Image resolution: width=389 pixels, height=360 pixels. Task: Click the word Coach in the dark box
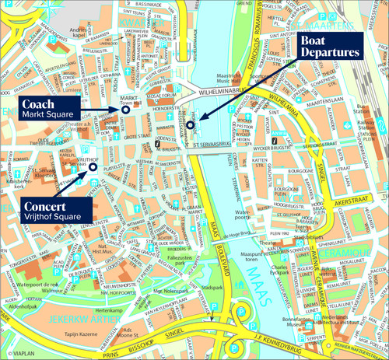coord(37,103)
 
